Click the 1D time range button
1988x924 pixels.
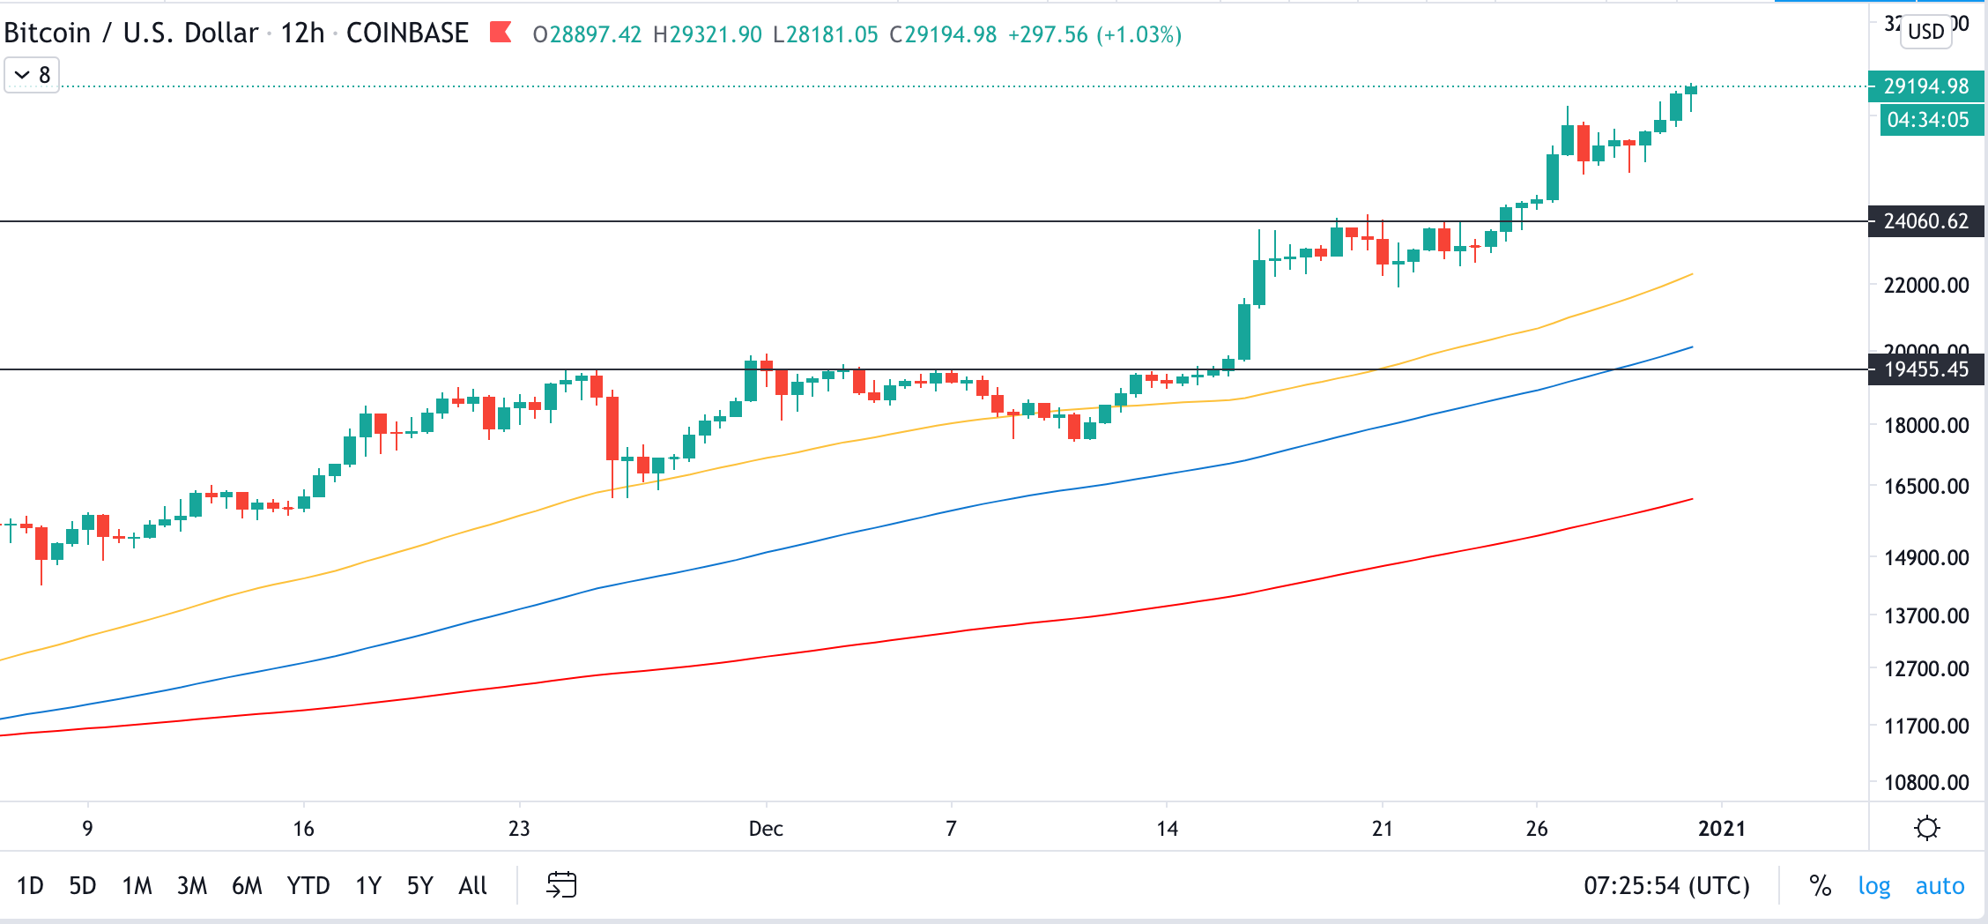click(x=30, y=885)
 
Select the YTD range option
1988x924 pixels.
click(x=308, y=885)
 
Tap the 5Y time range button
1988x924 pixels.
click(x=419, y=885)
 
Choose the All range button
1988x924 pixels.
click(x=472, y=885)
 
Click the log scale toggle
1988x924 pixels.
click(x=1873, y=885)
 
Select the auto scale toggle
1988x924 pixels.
click(x=1940, y=885)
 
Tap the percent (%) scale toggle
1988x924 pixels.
click(x=1820, y=885)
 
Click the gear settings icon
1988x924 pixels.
click(x=1927, y=828)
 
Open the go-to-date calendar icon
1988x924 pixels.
click(x=561, y=884)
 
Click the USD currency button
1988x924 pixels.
click(x=1925, y=32)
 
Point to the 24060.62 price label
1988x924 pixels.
click(x=1925, y=220)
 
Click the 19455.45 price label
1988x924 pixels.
click(x=1925, y=369)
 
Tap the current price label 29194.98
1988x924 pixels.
click(x=1925, y=86)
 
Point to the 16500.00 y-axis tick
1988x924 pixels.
click(x=1925, y=486)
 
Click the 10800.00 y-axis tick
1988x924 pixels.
click(x=1925, y=782)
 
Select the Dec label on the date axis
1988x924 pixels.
click(x=765, y=829)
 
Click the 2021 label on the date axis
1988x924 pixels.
click(x=1721, y=829)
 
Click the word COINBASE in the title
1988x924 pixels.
click(x=407, y=34)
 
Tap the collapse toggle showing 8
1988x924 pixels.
click(x=32, y=75)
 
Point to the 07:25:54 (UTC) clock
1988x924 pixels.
click(x=1666, y=885)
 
